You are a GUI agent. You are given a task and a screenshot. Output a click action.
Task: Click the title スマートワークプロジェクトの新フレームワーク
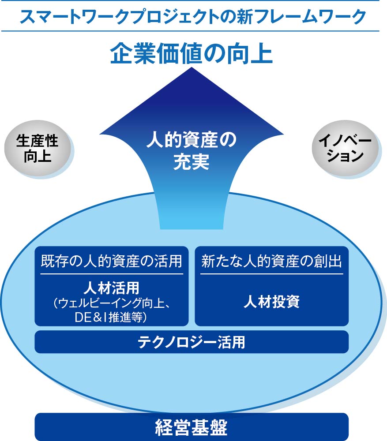(x=193, y=17)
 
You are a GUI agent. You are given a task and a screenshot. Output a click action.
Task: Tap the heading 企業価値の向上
(x=192, y=53)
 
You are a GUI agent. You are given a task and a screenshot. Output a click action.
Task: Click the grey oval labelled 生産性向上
(x=37, y=149)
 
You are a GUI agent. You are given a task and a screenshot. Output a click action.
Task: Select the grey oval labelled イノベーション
(x=345, y=149)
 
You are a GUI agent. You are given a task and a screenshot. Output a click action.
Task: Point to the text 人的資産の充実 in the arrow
(x=192, y=151)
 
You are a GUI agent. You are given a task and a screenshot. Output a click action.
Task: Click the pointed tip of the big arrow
(x=192, y=67)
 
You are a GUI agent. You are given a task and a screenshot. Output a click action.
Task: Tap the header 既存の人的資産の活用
(x=112, y=261)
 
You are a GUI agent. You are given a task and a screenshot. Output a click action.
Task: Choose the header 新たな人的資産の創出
(x=271, y=261)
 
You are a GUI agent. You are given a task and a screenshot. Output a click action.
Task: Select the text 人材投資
(x=271, y=302)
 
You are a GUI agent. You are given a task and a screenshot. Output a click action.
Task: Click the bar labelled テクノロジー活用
(x=192, y=342)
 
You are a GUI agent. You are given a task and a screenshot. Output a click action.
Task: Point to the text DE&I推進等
(x=111, y=317)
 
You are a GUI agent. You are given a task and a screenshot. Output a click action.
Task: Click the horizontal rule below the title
(x=190, y=31)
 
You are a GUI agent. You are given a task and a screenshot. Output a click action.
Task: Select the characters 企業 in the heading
(x=133, y=53)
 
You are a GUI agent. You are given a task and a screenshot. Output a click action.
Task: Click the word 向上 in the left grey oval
(x=38, y=157)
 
